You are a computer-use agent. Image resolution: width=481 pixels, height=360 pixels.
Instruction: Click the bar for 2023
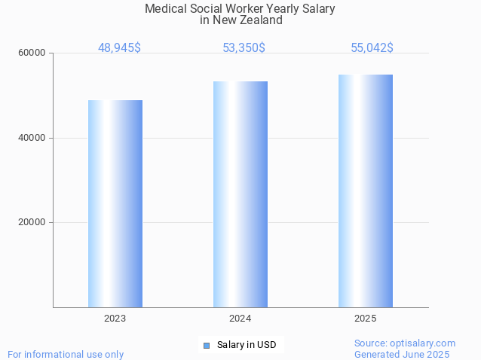tap(115, 203)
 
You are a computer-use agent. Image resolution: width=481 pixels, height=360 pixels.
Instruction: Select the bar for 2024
tap(240, 194)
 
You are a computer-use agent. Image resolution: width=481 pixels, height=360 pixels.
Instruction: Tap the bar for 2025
tap(366, 191)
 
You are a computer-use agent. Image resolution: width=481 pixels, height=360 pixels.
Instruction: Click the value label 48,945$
tap(119, 47)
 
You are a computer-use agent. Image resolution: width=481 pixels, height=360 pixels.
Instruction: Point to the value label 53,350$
tap(244, 47)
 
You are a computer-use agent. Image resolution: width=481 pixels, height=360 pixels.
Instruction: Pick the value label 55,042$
tap(372, 47)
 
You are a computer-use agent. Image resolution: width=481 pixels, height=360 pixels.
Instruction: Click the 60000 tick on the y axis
tap(32, 53)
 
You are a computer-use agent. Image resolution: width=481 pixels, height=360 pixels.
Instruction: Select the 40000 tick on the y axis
tap(32, 138)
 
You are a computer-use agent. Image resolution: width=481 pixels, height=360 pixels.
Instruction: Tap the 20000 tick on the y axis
tap(32, 222)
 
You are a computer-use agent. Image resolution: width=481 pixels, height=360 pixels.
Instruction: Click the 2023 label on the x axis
tap(115, 319)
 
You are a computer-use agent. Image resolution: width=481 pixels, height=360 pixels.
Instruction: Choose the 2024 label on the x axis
tap(240, 319)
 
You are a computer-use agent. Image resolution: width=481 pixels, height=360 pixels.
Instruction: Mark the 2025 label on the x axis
tap(366, 319)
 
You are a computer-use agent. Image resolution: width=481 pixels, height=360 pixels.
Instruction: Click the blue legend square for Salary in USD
tap(206, 346)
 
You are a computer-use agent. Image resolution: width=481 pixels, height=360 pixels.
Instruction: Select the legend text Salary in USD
tap(247, 346)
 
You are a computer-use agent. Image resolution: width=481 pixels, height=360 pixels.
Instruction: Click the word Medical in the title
tap(164, 9)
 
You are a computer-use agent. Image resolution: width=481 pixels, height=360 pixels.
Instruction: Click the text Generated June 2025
tap(402, 354)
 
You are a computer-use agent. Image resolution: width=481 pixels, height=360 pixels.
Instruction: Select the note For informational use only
tap(66, 354)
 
